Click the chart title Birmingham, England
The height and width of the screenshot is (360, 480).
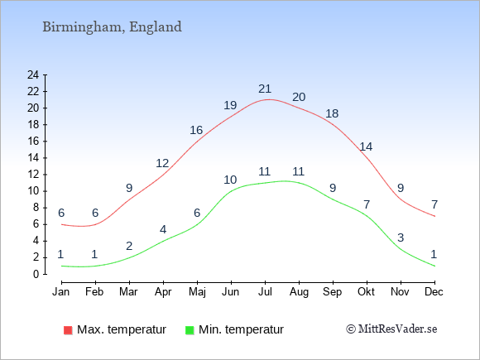tap(112, 27)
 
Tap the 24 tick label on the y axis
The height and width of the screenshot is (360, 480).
tap(33, 74)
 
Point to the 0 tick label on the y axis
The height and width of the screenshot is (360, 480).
tap(36, 274)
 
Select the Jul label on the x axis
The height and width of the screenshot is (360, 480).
tap(265, 292)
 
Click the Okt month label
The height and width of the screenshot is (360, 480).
tap(366, 292)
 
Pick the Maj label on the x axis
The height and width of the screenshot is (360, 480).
tap(197, 292)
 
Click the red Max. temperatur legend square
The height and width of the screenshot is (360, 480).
tap(68, 330)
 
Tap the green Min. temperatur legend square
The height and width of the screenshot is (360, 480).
tap(190, 330)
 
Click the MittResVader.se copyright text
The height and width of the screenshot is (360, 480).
tap(391, 329)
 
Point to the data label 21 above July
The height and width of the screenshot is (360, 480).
tap(265, 89)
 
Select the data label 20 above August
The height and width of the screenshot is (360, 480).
tap(299, 97)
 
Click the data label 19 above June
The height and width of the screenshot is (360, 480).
tap(230, 105)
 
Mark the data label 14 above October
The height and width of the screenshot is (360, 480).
tap(366, 147)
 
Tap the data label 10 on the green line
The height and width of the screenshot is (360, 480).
tap(230, 180)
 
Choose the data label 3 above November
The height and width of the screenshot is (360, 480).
tap(401, 238)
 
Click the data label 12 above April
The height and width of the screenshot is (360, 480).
tap(162, 164)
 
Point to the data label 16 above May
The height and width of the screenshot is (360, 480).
tap(196, 131)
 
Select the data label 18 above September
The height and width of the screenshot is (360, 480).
tap(332, 114)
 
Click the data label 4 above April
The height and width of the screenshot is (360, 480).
tap(163, 229)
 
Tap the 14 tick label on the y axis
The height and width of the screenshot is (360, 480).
tap(33, 158)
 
